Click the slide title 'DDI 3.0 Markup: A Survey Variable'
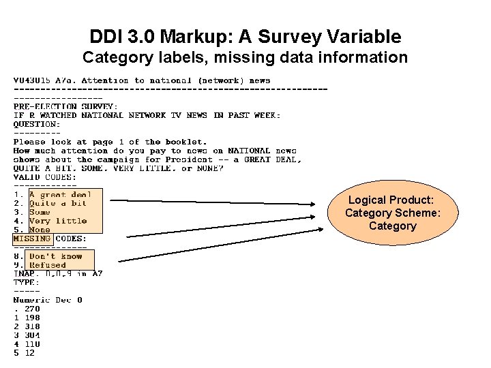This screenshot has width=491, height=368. pos(245,37)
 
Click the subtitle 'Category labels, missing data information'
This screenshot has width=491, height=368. pos(245,57)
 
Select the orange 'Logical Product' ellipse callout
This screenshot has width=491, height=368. pos(392,213)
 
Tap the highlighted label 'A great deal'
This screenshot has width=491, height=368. pos(60,194)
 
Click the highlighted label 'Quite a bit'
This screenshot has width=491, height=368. pos(57,203)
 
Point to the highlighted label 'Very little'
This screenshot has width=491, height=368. pos(57,221)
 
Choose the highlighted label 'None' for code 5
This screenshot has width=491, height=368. pos(40,230)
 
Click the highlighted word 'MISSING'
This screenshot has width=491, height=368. pos(31,239)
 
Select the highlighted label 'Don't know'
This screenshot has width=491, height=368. pos(55,256)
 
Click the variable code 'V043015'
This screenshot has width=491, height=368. pos(33,80)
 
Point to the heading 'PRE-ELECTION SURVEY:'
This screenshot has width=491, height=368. pos(65,106)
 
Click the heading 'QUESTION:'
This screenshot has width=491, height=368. pos(36,124)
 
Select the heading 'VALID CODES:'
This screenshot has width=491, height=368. pos(45,177)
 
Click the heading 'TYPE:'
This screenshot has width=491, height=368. pos(27,282)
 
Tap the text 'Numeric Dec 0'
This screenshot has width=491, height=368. pos(48,300)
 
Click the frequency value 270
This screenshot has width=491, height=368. pos(32,309)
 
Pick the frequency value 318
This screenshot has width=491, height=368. pos(32,326)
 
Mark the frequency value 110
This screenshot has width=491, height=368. pos(32,344)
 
